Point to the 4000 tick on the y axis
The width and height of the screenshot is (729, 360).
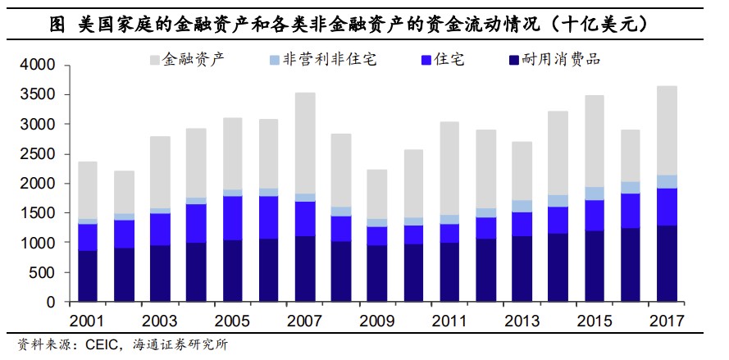tap(38, 65)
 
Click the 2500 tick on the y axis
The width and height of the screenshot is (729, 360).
tap(38, 154)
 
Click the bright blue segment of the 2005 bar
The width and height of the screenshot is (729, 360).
tap(233, 218)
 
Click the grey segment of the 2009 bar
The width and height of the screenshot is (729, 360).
tap(377, 194)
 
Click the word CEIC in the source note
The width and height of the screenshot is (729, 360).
tap(102, 344)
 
